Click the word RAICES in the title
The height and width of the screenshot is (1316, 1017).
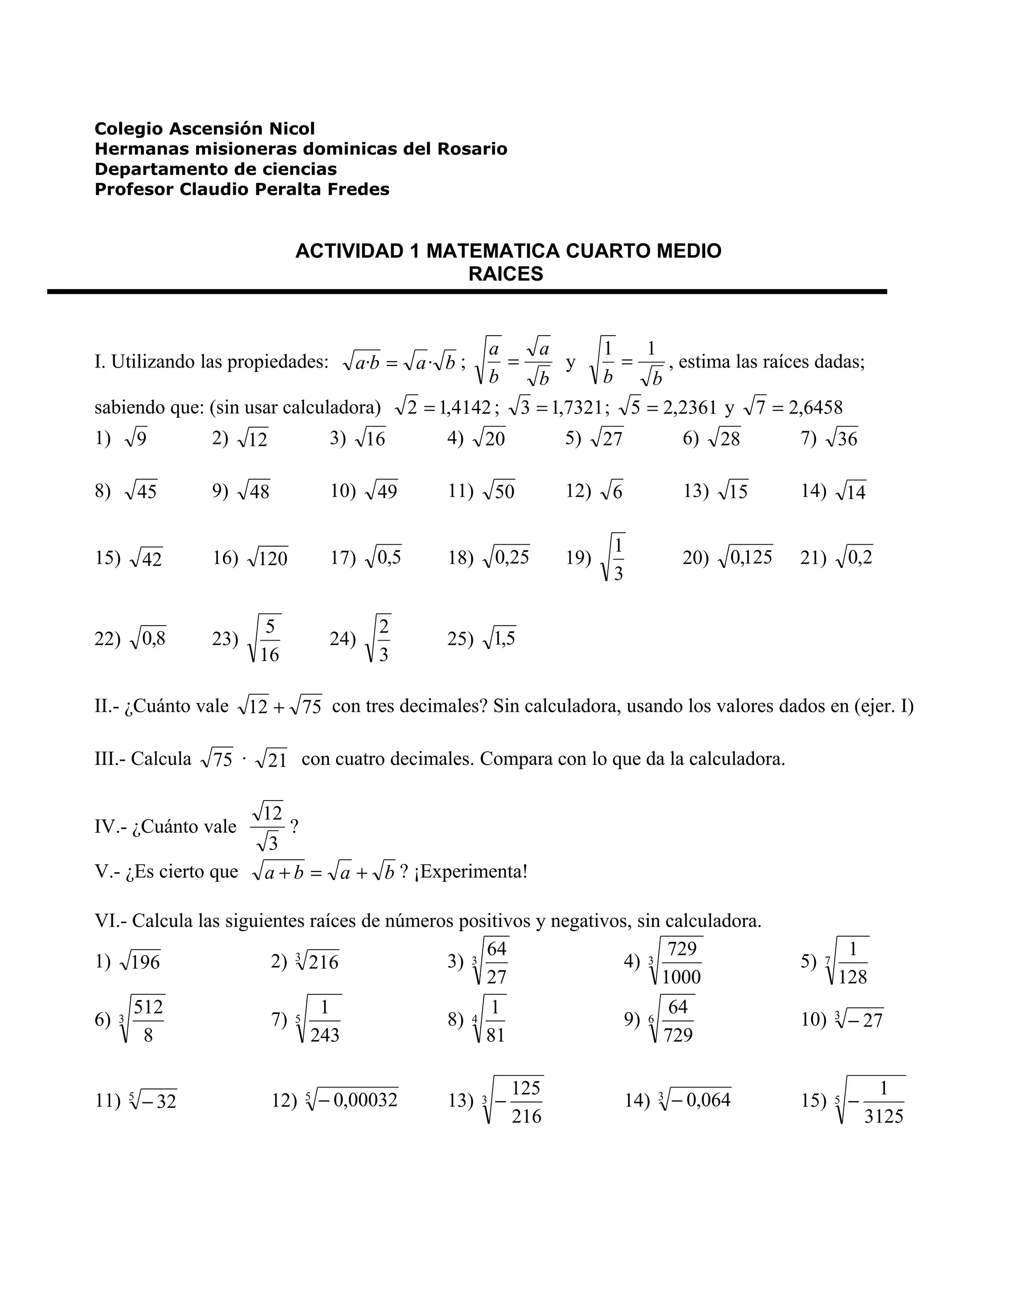(x=506, y=274)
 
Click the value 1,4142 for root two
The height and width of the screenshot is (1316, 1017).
(x=464, y=408)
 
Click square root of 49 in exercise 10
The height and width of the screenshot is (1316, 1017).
(x=381, y=491)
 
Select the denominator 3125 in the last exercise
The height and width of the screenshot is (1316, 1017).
(x=883, y=1116)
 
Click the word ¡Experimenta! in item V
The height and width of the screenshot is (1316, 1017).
(x=471, y=872)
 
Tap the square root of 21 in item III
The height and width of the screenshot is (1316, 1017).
(x=271, y=759)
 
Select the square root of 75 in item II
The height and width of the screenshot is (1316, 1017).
(x=305, y=706)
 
